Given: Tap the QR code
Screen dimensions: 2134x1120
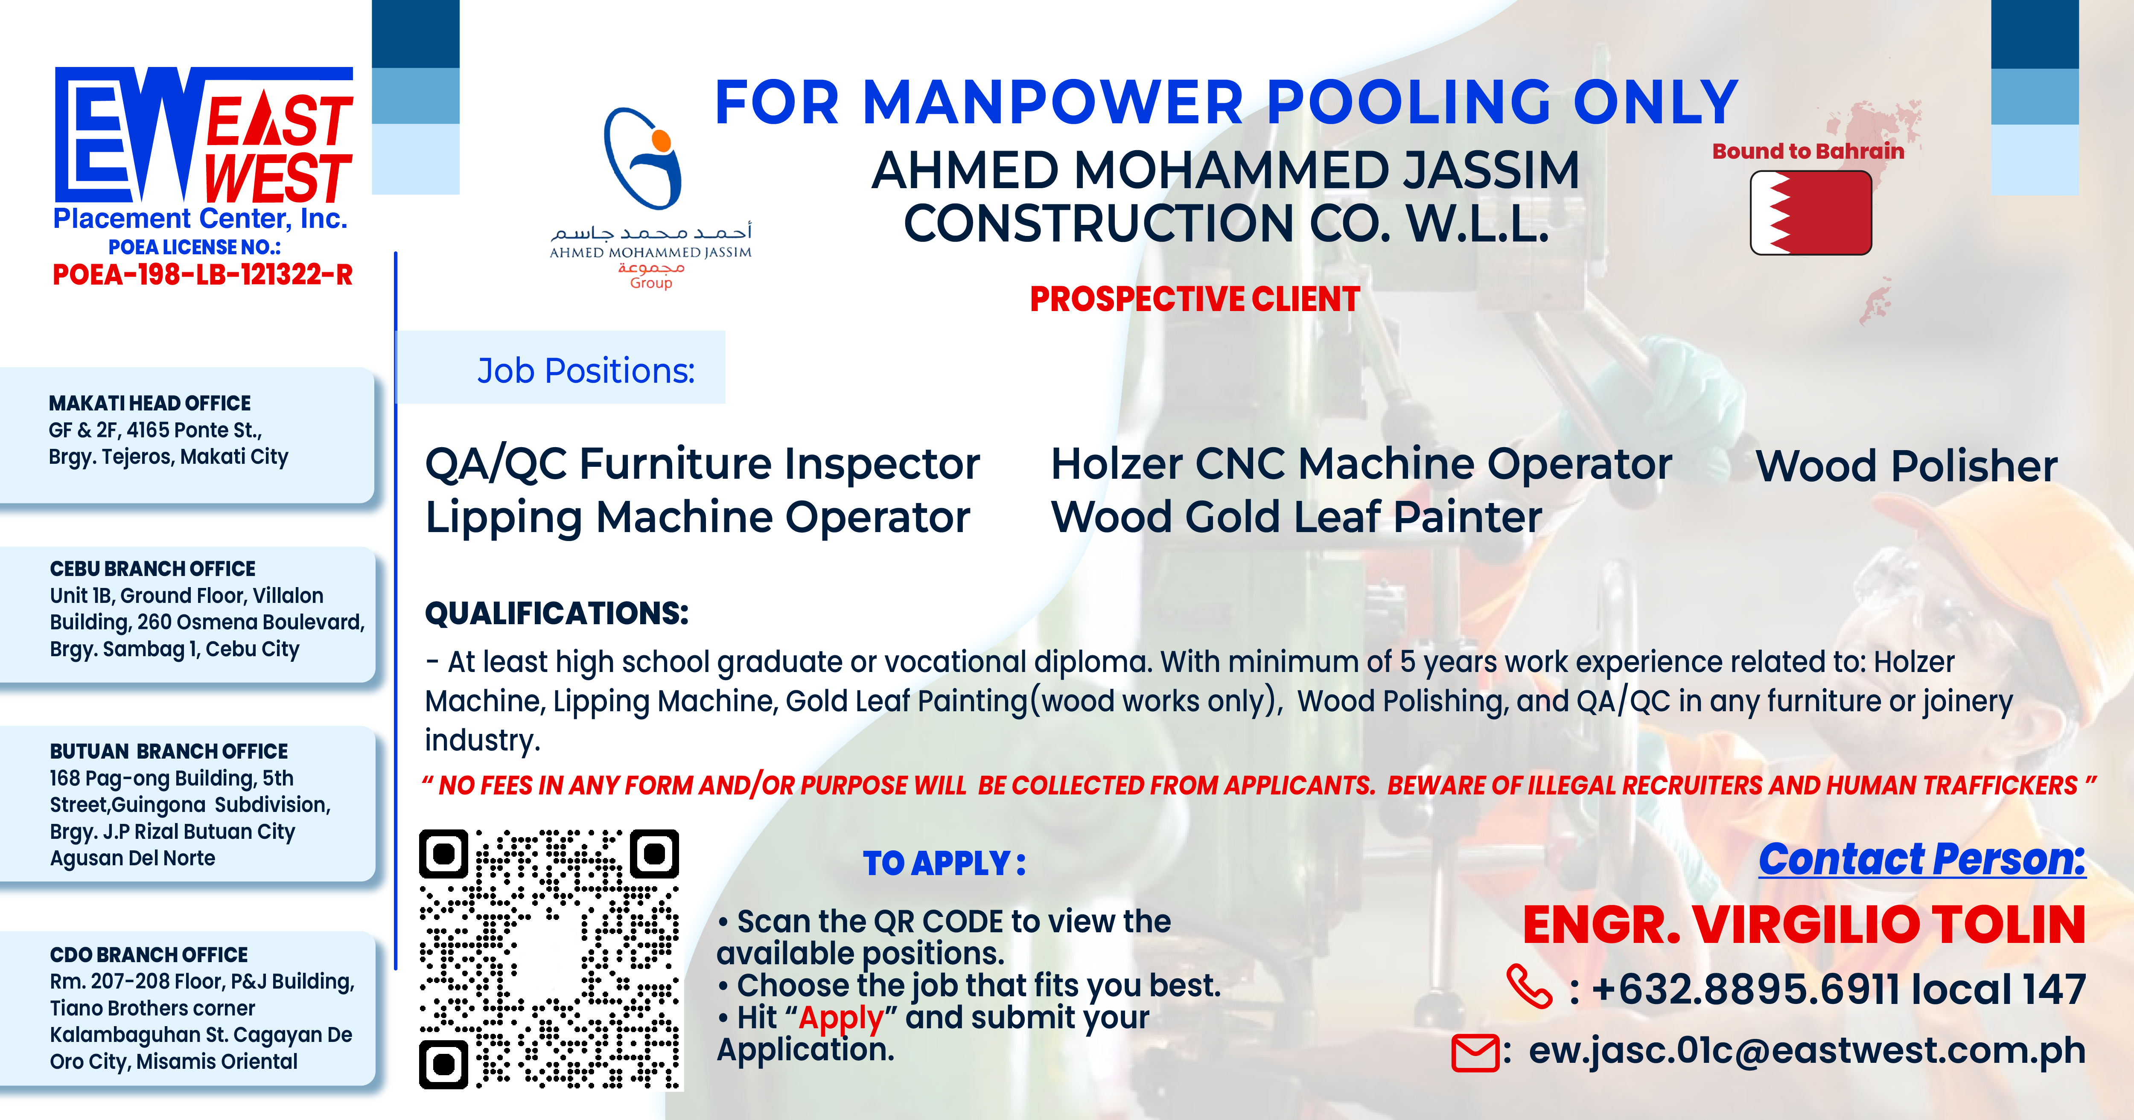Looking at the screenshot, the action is point(550,959).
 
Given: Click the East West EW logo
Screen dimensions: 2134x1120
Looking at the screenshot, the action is point(203,135).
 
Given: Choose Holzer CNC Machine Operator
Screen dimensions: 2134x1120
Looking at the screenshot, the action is point(1361,464).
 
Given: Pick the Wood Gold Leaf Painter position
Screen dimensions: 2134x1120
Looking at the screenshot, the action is point(1297,517).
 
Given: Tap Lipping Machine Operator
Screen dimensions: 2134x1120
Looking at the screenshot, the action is point(697,518).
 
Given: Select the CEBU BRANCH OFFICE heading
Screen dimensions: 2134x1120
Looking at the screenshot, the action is point(152,569).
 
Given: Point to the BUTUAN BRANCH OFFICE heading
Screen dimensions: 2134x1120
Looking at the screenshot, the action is point(169,751).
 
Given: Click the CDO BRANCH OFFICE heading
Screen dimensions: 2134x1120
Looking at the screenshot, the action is point(149,955).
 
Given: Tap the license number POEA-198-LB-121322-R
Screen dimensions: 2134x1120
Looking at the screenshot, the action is point(203,274).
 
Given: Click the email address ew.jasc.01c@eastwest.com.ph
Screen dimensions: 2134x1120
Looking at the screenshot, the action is point(1807,1050).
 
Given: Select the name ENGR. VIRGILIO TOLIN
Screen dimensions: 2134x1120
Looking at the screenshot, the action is point(1804,925).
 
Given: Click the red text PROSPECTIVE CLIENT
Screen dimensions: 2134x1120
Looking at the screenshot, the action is point(1195,299).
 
